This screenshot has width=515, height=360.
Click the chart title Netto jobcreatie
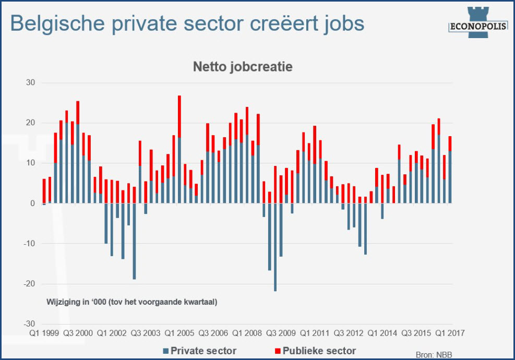pyautogui.click(x=243, y=67)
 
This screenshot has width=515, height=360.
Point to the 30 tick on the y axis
pyautogui.click(x=30, y=82)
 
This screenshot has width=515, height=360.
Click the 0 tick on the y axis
pyautogui.click(x=32, y=203)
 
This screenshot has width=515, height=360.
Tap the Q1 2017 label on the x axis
pyautogui.click(x=450, y=332)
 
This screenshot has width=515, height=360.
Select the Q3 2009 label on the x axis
pyautogui.click(x=281, y=332)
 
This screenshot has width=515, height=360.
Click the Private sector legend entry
pyautogui.click(x=200, y=351)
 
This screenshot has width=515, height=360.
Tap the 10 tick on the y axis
pyautogui.click(x=30, y=163)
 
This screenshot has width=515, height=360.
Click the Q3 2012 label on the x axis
pyautogui.click(x=349, y=332)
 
